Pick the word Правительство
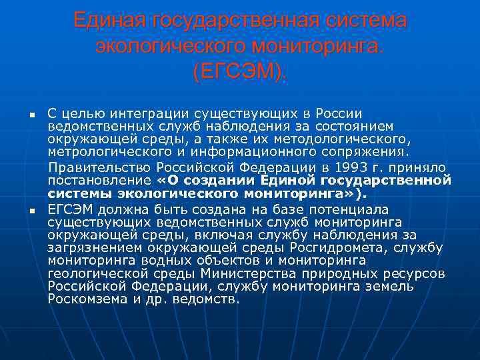tap(101, 167)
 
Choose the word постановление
tap(100, 181)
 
